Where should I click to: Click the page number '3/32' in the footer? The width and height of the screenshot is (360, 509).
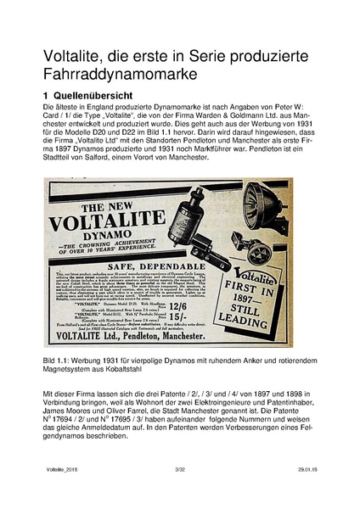[x=179, y=492]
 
